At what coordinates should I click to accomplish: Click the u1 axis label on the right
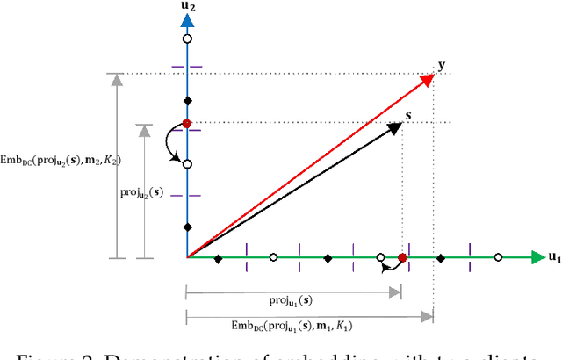tap(553, 257)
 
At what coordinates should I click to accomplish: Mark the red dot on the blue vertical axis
tap(186, 124)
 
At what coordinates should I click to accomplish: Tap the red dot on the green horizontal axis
tap(402, 257)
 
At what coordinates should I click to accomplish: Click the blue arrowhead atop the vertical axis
tap(186, 22)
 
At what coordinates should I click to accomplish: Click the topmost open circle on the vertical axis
tap(186, 40)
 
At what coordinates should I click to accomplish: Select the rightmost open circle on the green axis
tap(498, 257)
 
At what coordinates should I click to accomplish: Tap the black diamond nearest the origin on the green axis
tap(219, 258)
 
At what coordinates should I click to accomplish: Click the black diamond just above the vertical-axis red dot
tap(186, 100)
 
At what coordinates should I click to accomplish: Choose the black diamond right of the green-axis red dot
tap(441, 258)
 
